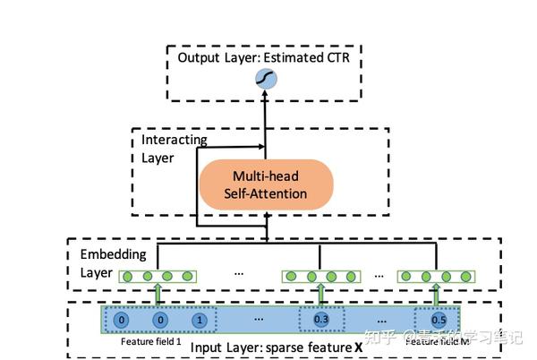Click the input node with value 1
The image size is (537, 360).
[199, 320]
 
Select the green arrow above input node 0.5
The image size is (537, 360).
[436, 293]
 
